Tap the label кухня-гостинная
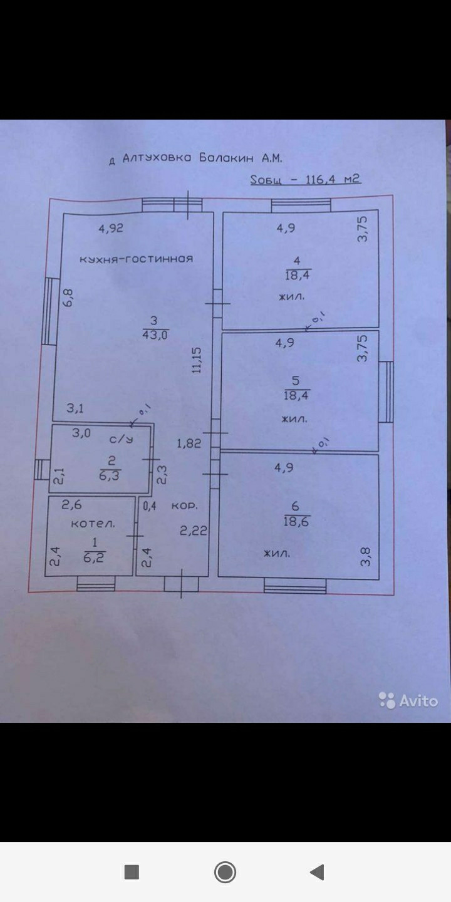(x=136, y=259)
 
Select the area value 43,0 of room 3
(x=155, y=334)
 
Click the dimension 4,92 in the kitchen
(x=111, y=229)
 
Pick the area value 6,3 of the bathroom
(x=111, y=475)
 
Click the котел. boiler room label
(x=93, y=523)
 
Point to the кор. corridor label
(x=185, y=505)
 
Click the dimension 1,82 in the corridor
(x=189, y=443)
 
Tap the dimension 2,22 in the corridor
(x=194, y=531)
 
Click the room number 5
(x=296, y=381)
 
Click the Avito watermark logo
(x=408, y=700)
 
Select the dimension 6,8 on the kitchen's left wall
(x=68, y=296)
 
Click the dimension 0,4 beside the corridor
(x=149, y=505)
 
